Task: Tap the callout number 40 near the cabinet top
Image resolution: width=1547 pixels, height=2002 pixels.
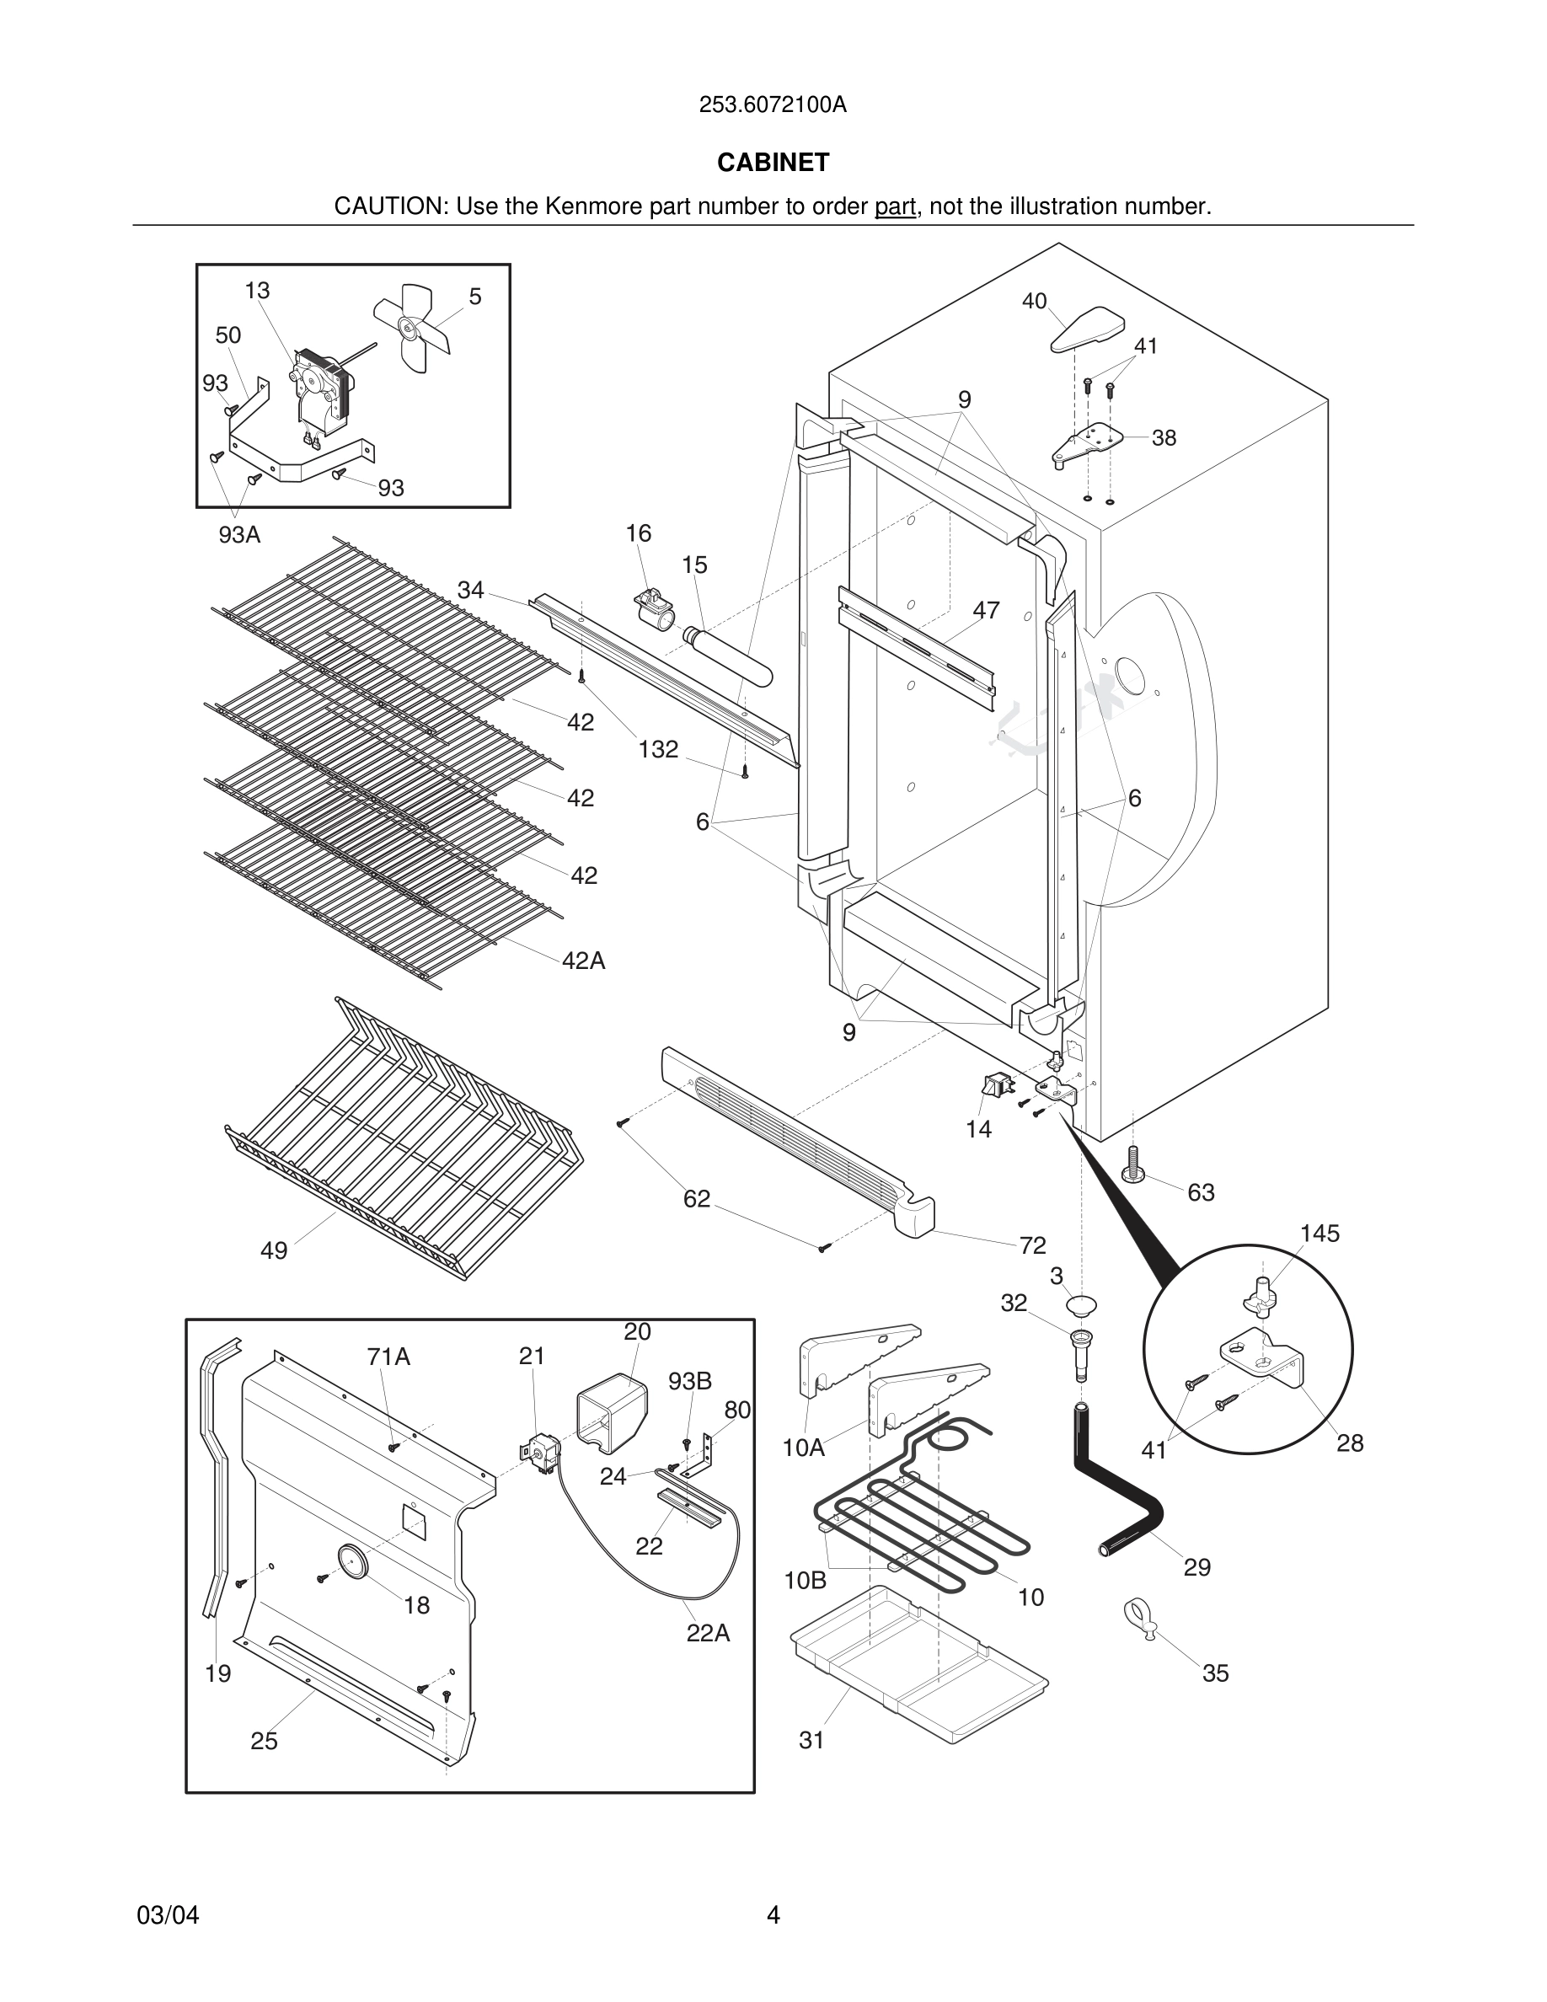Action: (x=1034, y=302)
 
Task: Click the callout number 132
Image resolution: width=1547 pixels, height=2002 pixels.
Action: (x=658, y=750)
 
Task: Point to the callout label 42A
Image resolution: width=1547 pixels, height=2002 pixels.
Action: (x=584, y=961)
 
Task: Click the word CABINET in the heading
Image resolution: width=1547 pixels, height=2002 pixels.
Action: (x=773, y=163)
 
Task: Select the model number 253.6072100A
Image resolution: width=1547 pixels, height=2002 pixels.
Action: (x=773, y=105)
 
